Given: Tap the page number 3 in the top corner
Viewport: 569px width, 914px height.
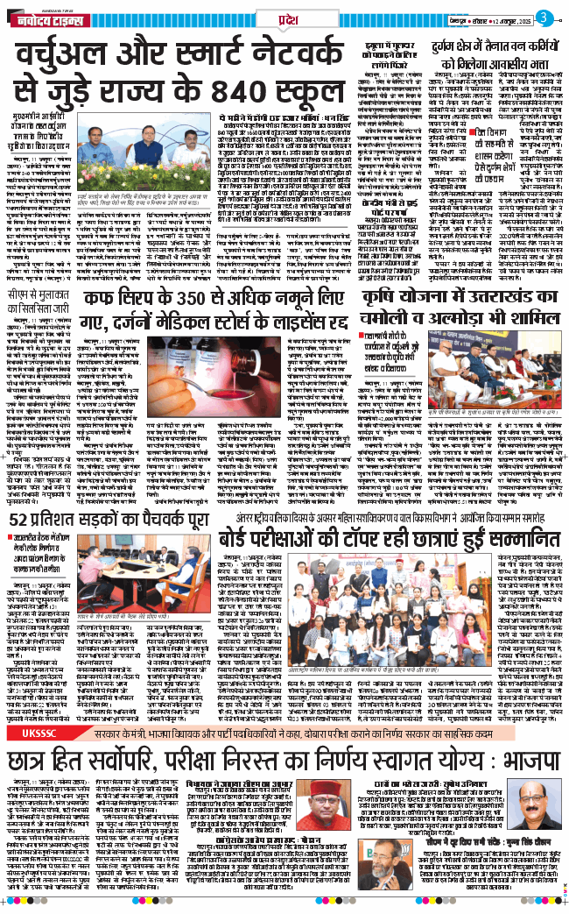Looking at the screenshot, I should [554, 17].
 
